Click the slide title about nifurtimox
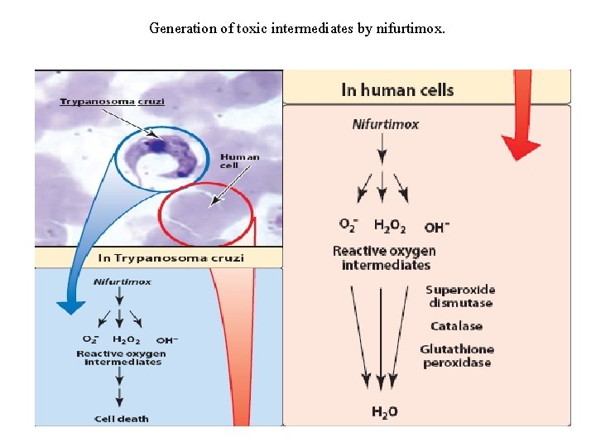(x=297, y=29)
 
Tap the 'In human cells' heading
(x=397, y=89)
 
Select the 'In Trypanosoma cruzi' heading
(x=171, y=257)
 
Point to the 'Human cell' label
(x=239, y=161)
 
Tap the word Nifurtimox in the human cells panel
(x=386, y=125)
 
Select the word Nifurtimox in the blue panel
(x=123, y=281)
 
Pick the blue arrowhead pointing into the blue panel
(x=70, y=306)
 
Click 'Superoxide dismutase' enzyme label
(x=460, y=296)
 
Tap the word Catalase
(x=456, y=326)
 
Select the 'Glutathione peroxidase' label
(x=457, y=356)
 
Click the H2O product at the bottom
(x=384, y=411)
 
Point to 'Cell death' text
(x=121, y=418)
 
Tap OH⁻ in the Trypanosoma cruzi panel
(x=166, y=339)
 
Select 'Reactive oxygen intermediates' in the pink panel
(x=385, y=257)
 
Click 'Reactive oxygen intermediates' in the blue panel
(x=121, y=358)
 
